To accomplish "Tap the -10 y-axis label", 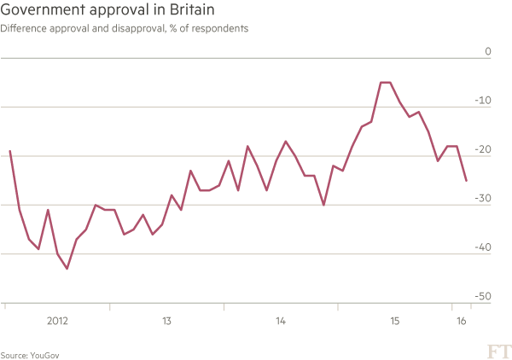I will pos(484,100).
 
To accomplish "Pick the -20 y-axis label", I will pos(484,149).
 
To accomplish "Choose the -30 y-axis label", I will pos(484,198).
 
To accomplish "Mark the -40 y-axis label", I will pos(484,247).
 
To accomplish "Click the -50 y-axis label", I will pos(484,296).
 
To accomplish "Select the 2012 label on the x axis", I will pos(57,322).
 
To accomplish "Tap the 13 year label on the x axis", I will pos(167,322).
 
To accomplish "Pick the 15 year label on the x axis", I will pos(394,322).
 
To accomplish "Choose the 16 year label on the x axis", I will pos(462,322).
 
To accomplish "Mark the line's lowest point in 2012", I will pos(67,269).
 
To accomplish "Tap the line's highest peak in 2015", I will pos(385,82).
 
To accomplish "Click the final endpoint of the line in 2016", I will pos(467,181).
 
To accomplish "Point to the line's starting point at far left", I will pos(9,151).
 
